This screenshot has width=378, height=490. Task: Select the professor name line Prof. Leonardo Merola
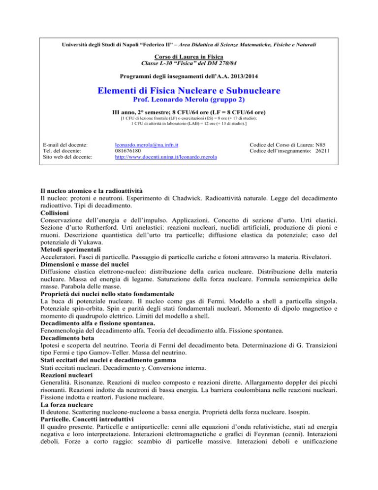click(189, 102)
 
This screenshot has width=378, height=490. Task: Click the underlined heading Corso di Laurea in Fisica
click(189, 57)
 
